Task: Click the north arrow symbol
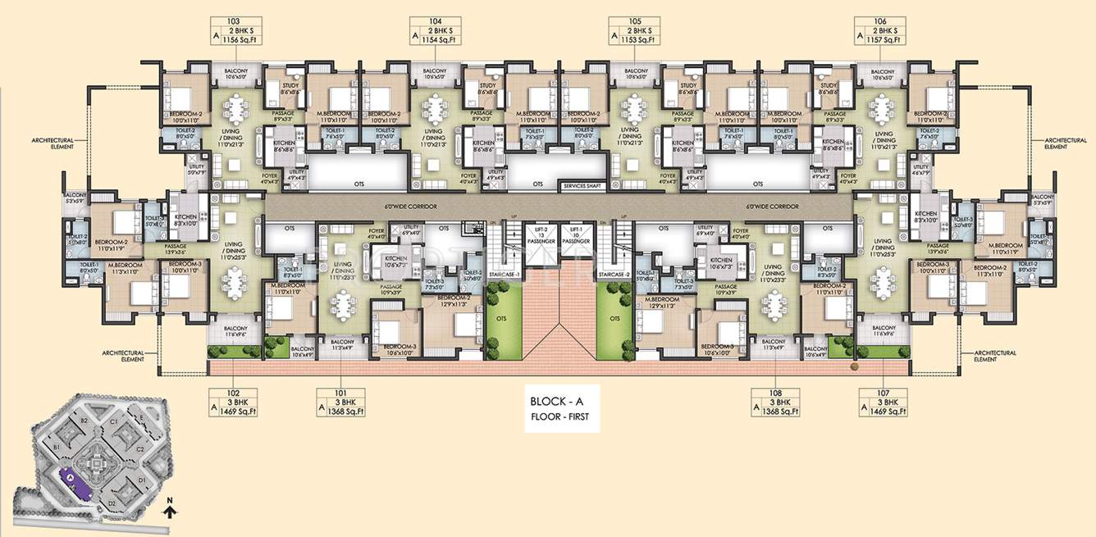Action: click(167, 512)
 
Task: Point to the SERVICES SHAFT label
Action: click(582, 186)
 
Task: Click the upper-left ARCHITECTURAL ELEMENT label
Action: click(52, 143)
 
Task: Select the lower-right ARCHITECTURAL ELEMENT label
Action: click(996, 356)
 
